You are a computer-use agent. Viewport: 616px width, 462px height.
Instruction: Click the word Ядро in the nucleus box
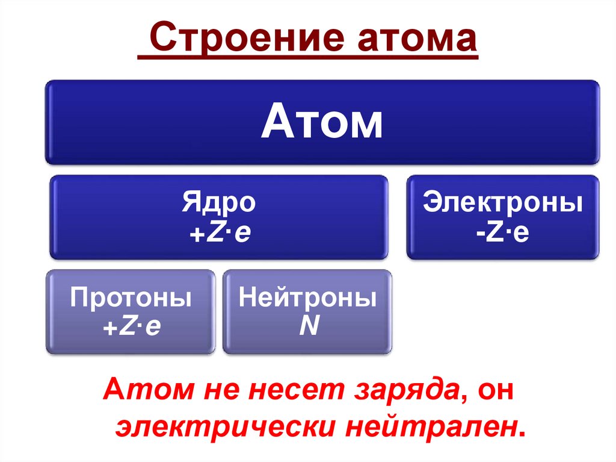(219, 204)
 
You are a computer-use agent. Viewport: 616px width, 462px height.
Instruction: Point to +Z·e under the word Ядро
(219, 232)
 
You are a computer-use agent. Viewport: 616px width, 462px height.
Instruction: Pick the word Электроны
(502, 203)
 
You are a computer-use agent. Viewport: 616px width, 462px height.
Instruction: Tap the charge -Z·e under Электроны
(502, 232)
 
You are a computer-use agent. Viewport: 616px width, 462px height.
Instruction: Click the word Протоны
(131, 298)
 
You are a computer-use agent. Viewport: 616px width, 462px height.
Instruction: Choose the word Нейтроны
(308, 298)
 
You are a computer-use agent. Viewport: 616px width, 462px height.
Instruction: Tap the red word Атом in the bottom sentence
(135, 392)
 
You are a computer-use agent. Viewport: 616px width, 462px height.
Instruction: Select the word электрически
(224, 426)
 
